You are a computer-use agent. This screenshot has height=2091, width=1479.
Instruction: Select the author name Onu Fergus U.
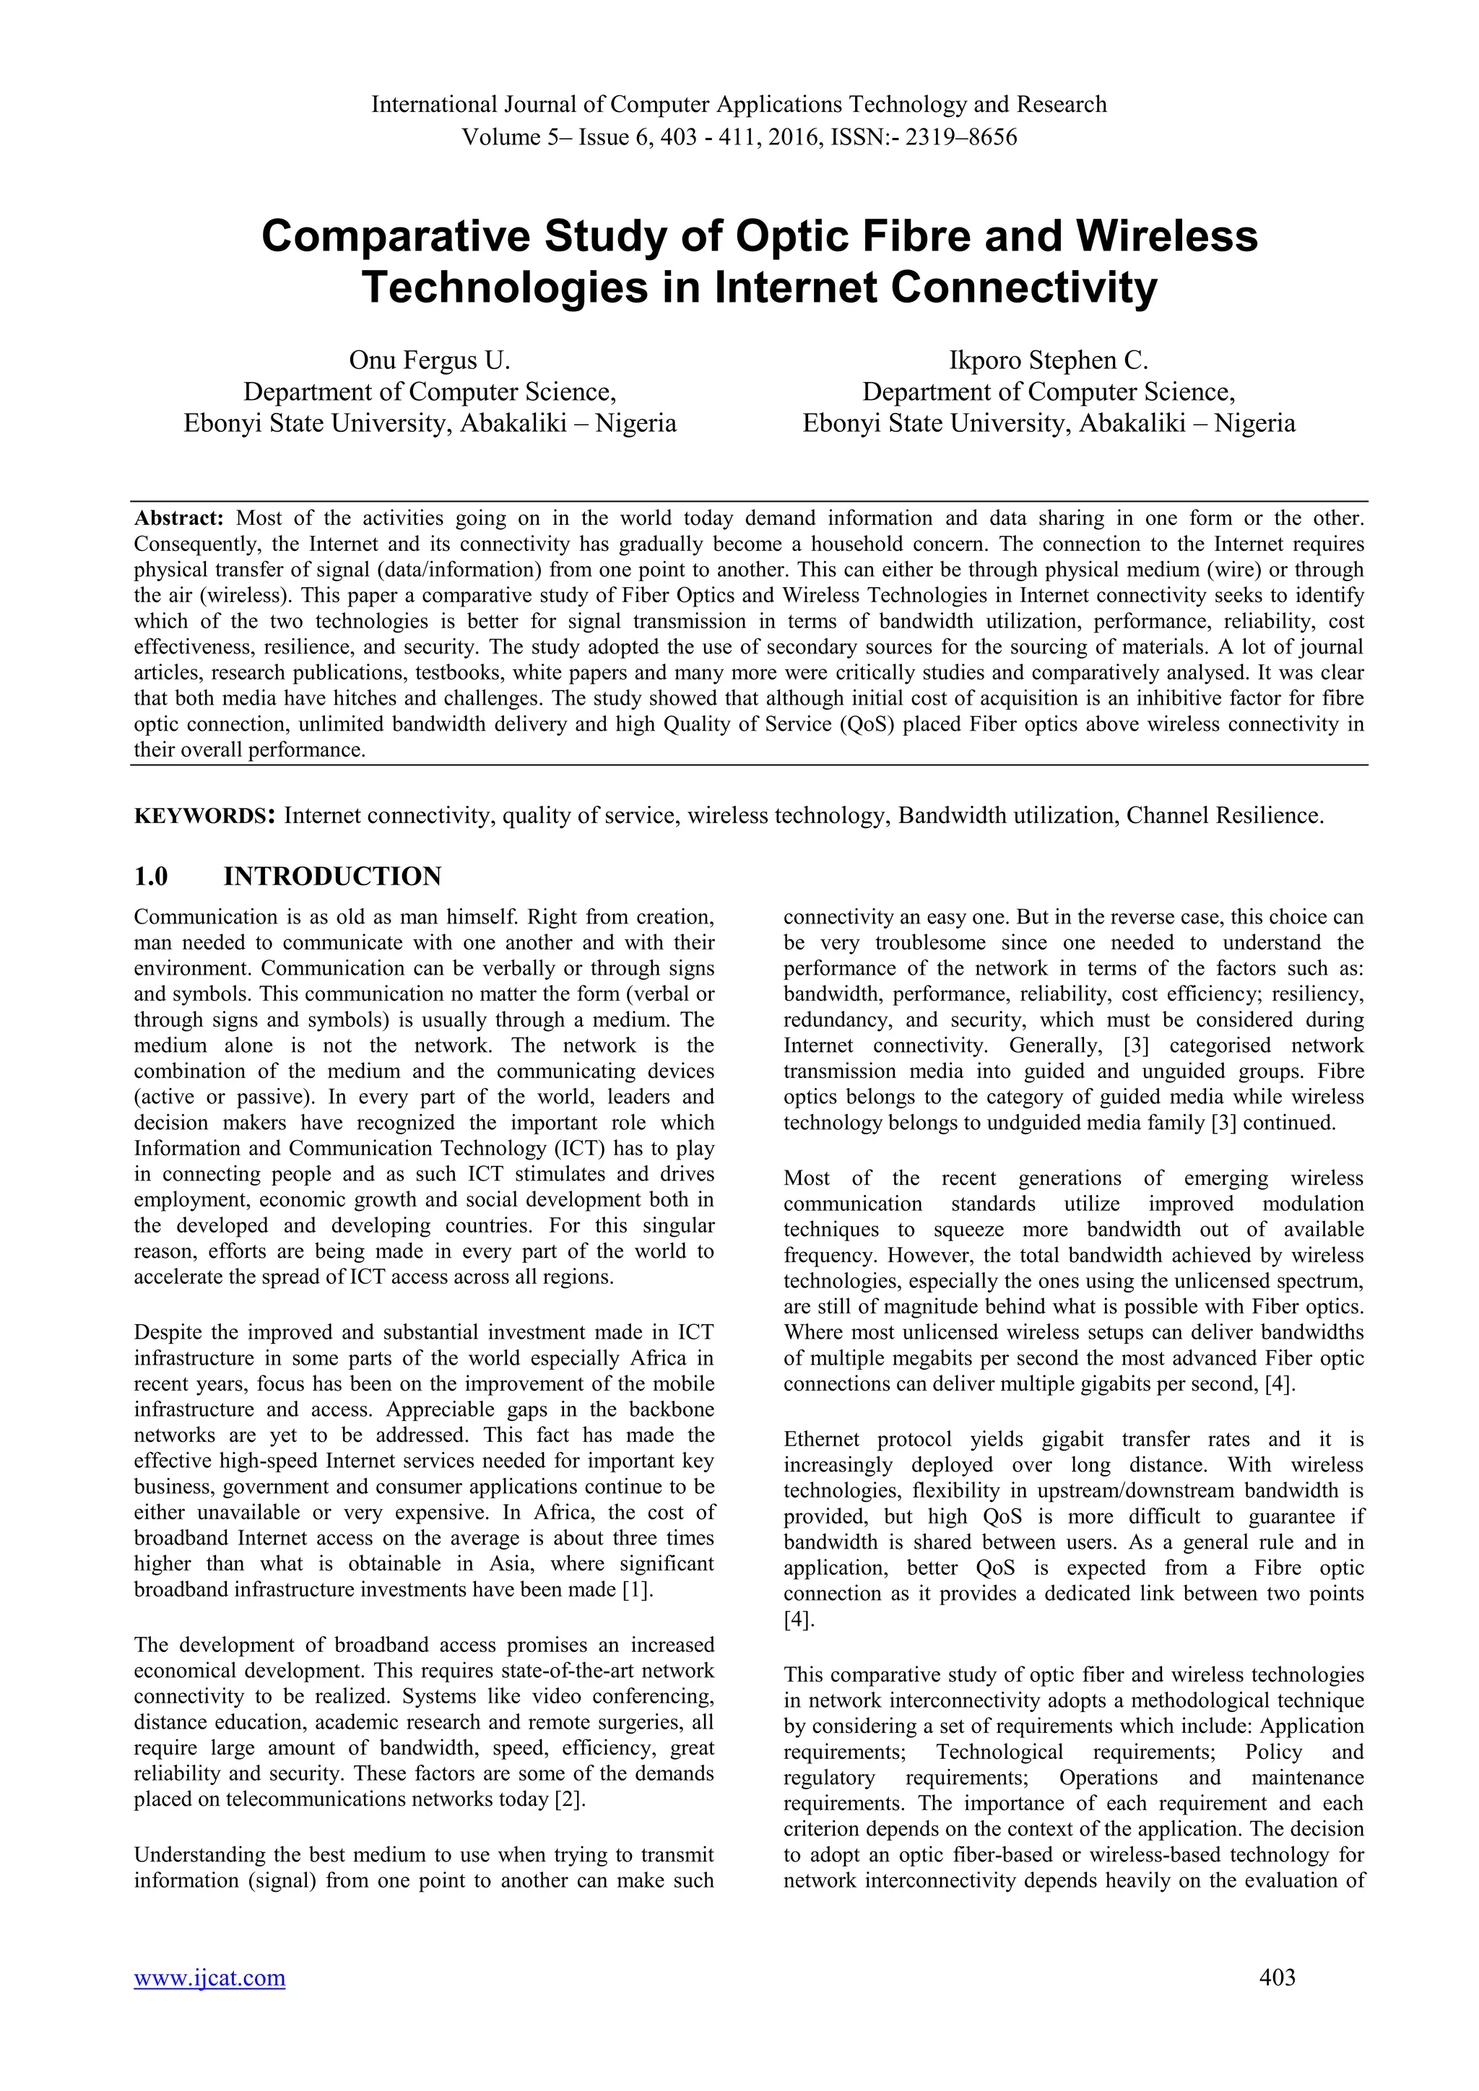[x=430, y=360]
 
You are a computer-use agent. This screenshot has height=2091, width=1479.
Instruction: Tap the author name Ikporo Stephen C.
[x=1049, y=360]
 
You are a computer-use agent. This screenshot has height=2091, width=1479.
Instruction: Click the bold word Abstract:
[x=178, y=518]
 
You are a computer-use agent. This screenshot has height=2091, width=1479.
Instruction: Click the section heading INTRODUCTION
[x=332, y=876]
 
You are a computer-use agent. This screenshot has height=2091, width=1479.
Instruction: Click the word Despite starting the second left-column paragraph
[x=168, y=1332]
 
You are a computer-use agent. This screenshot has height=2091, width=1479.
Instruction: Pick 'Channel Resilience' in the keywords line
[x=1224, y=815]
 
